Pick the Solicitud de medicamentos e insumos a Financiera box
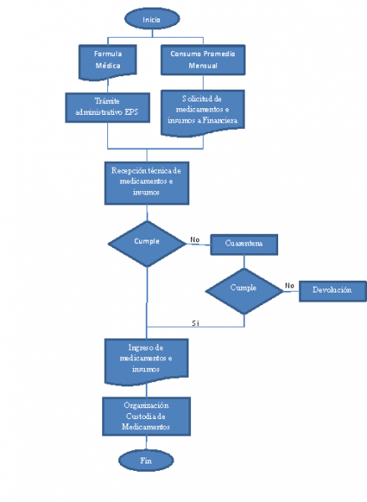[201, 111]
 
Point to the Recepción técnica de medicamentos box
[147, 181]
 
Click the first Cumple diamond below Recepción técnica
[147, 241]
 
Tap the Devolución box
[332, 290]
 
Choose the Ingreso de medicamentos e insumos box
[147, 357]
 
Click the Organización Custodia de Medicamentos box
[147, 416]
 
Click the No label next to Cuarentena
[195, 238]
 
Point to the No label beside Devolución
[289, 285]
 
